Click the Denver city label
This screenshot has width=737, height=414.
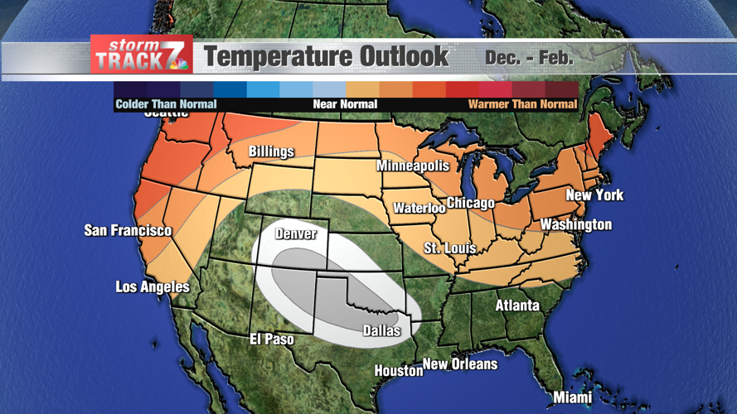coord(296,234)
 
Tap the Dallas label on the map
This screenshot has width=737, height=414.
coord(381,331)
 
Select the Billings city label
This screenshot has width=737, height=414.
coord(271,152)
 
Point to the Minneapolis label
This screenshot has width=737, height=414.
coord(413,166)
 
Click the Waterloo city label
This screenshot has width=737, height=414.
coord(419,208)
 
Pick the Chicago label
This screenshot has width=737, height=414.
coord(470,203)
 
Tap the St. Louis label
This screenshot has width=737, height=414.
coord(449,248)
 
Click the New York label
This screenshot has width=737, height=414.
coord(594,195)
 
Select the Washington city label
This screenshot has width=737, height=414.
coord(575,224)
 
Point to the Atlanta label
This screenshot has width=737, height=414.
coord(517,306)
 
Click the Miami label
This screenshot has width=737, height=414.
coord(573,397)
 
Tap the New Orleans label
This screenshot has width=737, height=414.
coord(460,363)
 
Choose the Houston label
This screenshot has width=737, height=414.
coord(399,371)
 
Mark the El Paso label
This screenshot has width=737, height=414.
coord(272,339)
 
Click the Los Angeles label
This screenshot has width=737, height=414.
coord(153,287)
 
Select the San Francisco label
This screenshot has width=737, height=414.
coord(128,230)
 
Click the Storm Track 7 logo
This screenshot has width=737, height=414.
coord(142,55)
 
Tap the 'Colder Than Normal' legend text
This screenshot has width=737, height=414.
coord(166,104)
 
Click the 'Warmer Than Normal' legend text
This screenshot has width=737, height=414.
coord(522,104)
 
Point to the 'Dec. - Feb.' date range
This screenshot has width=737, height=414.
coord(529,58)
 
